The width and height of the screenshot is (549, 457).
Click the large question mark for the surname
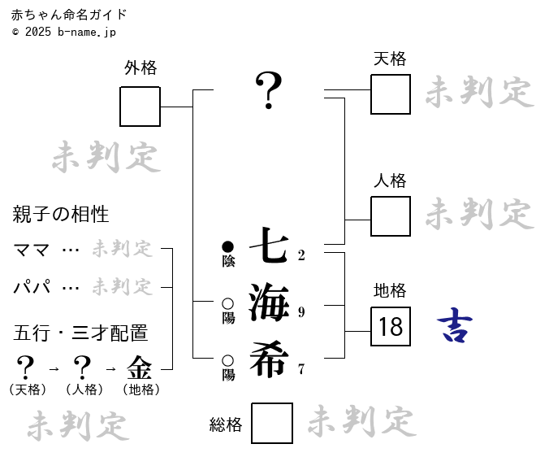point(269,90)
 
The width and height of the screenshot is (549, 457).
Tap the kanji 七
point(269,245)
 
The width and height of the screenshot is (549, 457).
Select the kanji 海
point(269,302)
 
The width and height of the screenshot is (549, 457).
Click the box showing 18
point(391,327)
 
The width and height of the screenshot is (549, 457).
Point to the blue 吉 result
point(455,326)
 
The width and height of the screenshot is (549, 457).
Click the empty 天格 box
point(391,94)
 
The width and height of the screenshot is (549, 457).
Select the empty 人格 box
point(391,216)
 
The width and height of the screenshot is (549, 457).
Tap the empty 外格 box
point(140,107)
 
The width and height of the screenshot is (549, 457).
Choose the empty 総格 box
point(272,423)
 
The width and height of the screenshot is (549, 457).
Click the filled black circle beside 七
point(227,246)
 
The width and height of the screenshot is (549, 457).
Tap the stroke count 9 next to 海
point(301,312)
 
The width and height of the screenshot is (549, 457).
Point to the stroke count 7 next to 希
point(301,369)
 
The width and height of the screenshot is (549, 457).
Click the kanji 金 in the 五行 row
point(140,368)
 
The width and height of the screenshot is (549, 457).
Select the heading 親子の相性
point(61,215)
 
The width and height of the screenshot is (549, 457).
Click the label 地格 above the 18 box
point(390,290)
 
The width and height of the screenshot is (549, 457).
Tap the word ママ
point(32,250)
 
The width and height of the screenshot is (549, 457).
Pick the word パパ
point(32,287)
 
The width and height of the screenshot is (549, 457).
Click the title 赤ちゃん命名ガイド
point(69,15)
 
